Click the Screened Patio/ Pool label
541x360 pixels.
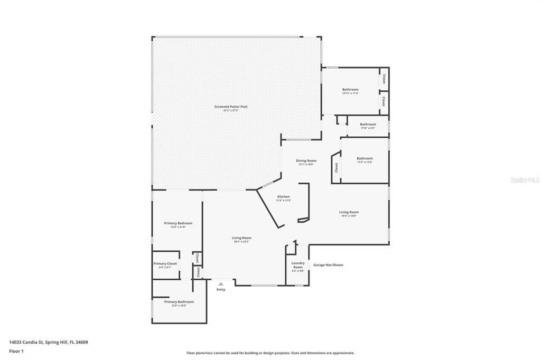pyautogui.click(x=231, y=107)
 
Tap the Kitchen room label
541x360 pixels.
pyautogui.click(x=283, y=196)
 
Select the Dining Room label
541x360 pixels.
pyautogui.click(x=306, y=160)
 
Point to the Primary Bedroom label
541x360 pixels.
pyautogui.click(x=178, y=223)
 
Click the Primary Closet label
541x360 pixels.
pyautogui.click(x=165, y=263)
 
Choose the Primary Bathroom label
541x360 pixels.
pyautogui.click(x=179, y=301)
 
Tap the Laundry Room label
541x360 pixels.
pyautogui.click(x=298, y=265)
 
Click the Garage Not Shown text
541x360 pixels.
pyautogui.click(x=328, y=264)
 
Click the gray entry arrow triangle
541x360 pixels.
pyautogui.click(x=221, y=283)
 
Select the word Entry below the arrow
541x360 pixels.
pyautogui.click(x=221, y=289)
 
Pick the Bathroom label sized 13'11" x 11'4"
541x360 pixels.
pyautogui.click(x=350, y=89)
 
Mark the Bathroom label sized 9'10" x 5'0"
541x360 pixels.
pyautogui.click(x=368, y=124)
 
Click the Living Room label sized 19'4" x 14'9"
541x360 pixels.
pyautogui.click(x=349, y=212)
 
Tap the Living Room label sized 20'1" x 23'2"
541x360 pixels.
pyautogui.click(x=241, y=238)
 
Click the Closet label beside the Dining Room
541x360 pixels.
pyautogui.click(x=337, y=167)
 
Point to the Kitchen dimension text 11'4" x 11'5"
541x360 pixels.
pyautogui.click(x=283, y=201)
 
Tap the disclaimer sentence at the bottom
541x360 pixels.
pyautogui.click(x=270, y=353)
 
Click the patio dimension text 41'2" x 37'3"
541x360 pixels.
pyautogui.click(x=231, y=111)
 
